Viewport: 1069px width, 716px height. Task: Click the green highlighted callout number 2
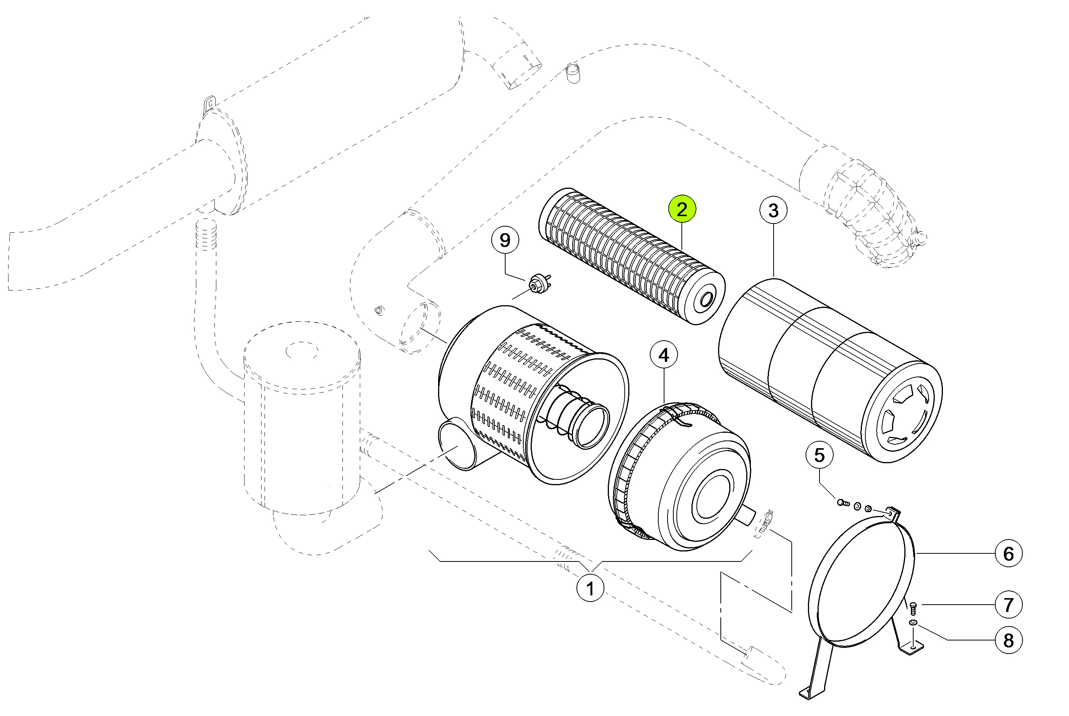click(681, 209)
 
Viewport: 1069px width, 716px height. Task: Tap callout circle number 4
click(664, 355)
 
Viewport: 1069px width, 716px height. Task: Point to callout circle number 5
click(819, 455)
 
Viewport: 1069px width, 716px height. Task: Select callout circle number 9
click(505, 240)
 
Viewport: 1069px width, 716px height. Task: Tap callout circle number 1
click(590, 588)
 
